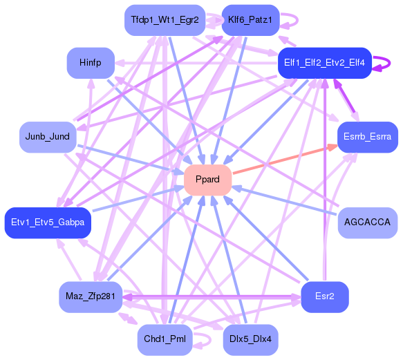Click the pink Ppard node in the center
point(207,180)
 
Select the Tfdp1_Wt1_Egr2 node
point(165,20)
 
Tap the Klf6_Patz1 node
point(250,20)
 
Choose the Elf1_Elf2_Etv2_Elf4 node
point(325,63)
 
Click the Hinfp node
point(91,63)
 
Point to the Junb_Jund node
point(47,136)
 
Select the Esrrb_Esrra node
point(367,136)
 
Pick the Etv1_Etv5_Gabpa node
point(48,222)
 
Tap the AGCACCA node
point(367,222)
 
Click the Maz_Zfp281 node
point(91,296)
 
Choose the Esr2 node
point(324,296)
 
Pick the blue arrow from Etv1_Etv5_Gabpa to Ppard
point(135,200)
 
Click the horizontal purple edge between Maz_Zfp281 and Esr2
point(207,296)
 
